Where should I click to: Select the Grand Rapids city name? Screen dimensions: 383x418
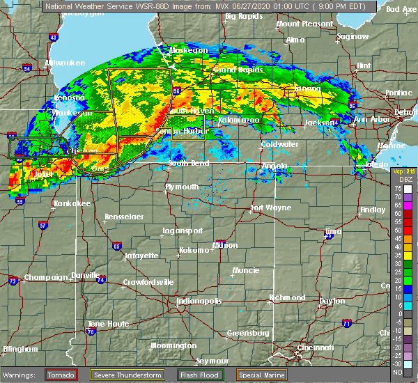pyautogui.click(x=235, y=70)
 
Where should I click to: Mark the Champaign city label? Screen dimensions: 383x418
pyautogui.click(x=44, y=277)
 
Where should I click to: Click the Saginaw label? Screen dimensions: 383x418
pyautogui.click(x=352, y=36)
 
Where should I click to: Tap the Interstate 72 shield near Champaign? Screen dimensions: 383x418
pyautogui.click(x=13, y=281)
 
